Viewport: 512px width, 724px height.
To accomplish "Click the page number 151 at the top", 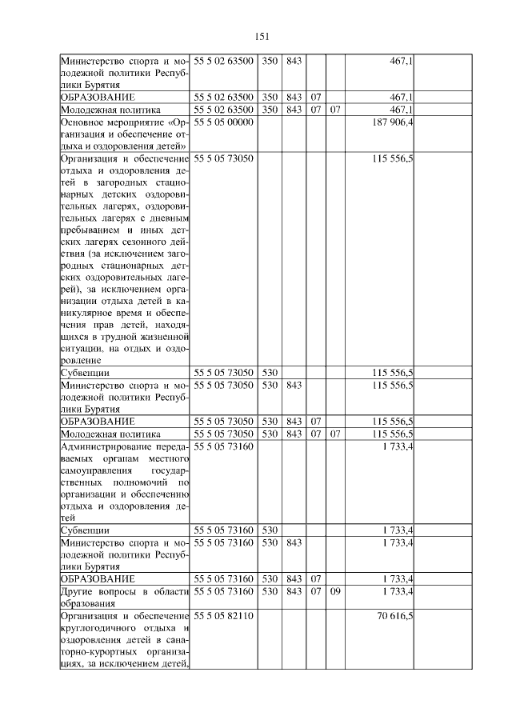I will [x=262, y=36].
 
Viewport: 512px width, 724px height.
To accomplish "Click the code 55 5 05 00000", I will [x=223, y=122].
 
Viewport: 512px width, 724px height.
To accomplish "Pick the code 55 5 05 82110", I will [x=223, y=618].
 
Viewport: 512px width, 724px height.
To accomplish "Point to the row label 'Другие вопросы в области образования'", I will [x=123, y=598].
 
